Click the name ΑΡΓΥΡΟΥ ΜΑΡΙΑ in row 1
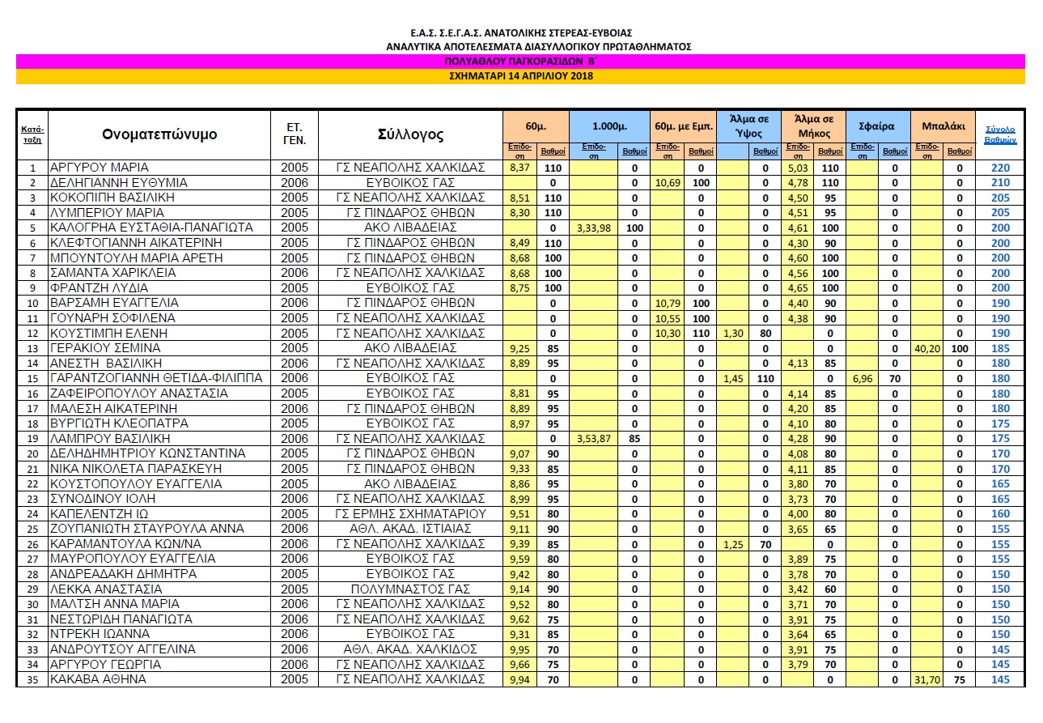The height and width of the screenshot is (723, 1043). [100, 168]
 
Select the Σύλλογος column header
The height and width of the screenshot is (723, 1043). [410, 134]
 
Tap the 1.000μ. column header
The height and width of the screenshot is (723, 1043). [608, 127]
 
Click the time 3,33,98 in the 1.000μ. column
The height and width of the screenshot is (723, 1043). [593, 228]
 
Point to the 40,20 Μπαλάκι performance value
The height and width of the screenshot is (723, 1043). [927, 347]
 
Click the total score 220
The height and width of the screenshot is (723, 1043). [1000, 168]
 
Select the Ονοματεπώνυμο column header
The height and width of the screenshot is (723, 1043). [159, 134]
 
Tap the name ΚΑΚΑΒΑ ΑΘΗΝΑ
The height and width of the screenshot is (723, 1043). [98, 679]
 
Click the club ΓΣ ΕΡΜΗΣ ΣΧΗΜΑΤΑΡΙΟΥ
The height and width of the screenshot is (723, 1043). [410, 513]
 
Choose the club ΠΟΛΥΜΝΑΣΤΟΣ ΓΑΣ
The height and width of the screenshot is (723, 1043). [410, 589]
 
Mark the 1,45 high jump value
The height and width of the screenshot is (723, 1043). [733, 378]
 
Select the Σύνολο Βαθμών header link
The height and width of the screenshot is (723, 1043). [1000, 134]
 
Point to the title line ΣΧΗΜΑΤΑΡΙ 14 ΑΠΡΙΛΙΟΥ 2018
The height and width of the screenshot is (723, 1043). [520, 76]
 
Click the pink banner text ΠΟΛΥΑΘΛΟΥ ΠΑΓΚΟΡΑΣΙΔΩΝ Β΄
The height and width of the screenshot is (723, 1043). [520, 61]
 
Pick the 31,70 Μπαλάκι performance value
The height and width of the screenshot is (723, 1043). [927, 679]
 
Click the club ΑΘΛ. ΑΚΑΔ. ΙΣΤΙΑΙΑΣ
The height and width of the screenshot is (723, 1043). [410, 529]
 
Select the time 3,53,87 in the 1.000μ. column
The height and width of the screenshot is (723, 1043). [593, 438]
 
